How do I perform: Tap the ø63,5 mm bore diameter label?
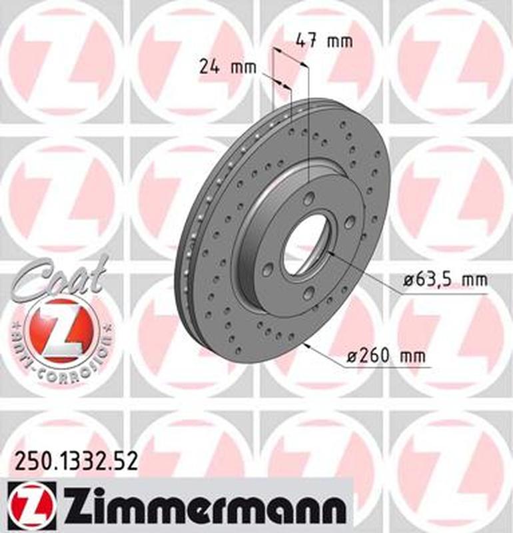click(445, 280)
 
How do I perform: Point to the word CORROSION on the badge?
click(83, 363)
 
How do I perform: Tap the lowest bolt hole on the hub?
click(308, 294)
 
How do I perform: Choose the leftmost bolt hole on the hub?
click(268, 269)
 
